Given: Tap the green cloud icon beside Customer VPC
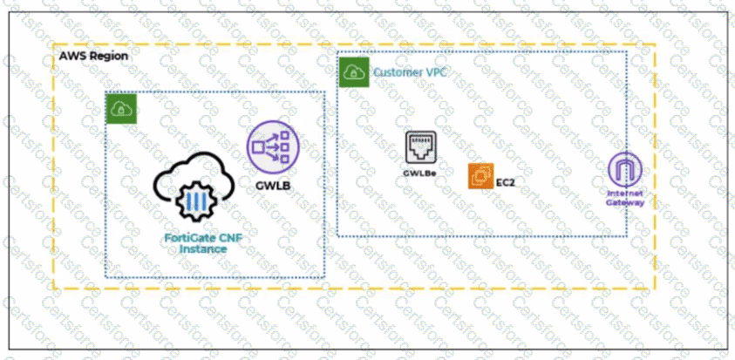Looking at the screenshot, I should click(352, 72).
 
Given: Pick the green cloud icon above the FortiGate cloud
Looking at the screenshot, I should click(119, 109).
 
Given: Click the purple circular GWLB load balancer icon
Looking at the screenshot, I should click(272, 146).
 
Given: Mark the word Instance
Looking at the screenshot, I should click(202, 249).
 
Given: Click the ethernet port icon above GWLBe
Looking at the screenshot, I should click(419, 147).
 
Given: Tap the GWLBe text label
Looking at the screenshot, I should click(419, 173).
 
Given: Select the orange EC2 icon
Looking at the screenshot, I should click(480, 176).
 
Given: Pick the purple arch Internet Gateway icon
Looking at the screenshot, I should click(625, 166).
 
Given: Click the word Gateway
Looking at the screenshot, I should click(625, 202).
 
